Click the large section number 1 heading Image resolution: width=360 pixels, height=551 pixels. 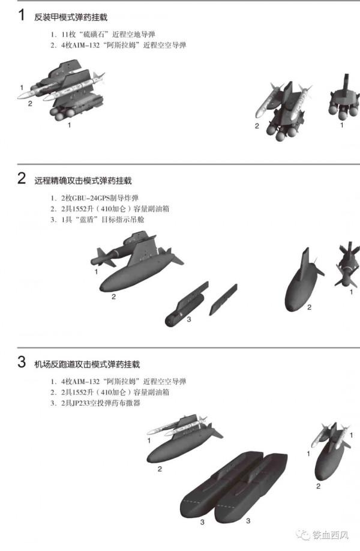22,16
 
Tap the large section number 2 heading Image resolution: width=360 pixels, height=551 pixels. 22,178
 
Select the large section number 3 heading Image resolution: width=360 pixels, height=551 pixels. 22,363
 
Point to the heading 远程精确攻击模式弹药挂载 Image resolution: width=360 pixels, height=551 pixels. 83,180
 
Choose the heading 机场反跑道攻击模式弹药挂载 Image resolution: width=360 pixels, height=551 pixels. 87,364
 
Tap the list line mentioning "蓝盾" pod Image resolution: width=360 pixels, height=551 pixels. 97,220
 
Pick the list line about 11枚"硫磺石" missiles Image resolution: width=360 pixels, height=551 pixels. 98,35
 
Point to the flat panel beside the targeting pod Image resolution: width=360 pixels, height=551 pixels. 223,299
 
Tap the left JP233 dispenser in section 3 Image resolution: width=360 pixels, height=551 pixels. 213,486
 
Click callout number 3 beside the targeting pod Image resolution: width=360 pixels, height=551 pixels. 188,319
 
